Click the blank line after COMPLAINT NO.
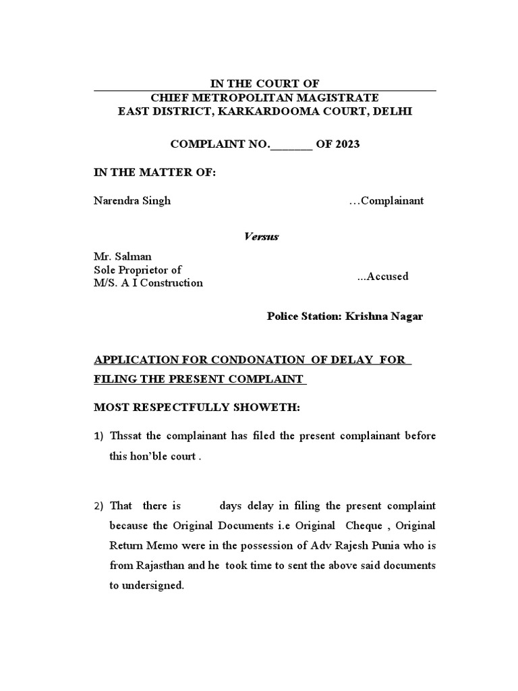(291, 145)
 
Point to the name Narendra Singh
(132, 200)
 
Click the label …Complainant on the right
(386, 200)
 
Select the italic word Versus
(260, 237)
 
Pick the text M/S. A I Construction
(148, 283)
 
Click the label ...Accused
(382, 277)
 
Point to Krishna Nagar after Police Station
(384, 316)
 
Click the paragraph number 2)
(98, 506)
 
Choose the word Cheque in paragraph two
(363, 526)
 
